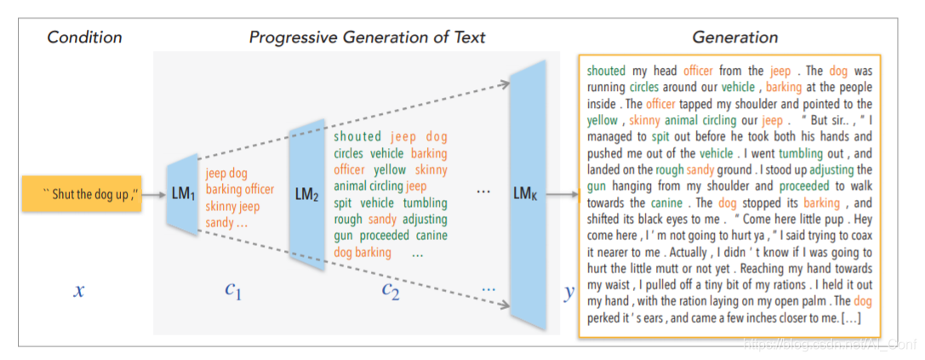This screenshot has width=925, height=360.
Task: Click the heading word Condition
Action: tap(84, 37)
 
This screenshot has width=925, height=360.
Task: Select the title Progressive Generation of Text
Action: tap(367, 37)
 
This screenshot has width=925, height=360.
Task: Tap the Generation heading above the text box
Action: tap(734, 37)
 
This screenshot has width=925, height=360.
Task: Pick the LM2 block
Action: tap(306, 195)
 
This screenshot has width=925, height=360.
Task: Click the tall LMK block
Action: tap(526, 195)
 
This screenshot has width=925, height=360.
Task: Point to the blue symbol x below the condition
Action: tap(78, 291)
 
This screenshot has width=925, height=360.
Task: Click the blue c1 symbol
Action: tap(233, 291)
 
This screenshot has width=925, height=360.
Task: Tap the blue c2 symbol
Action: tap(390, 291)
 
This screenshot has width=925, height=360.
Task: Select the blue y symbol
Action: tap(568, 292)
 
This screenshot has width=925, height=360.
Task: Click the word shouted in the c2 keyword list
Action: tap(357, 137)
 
